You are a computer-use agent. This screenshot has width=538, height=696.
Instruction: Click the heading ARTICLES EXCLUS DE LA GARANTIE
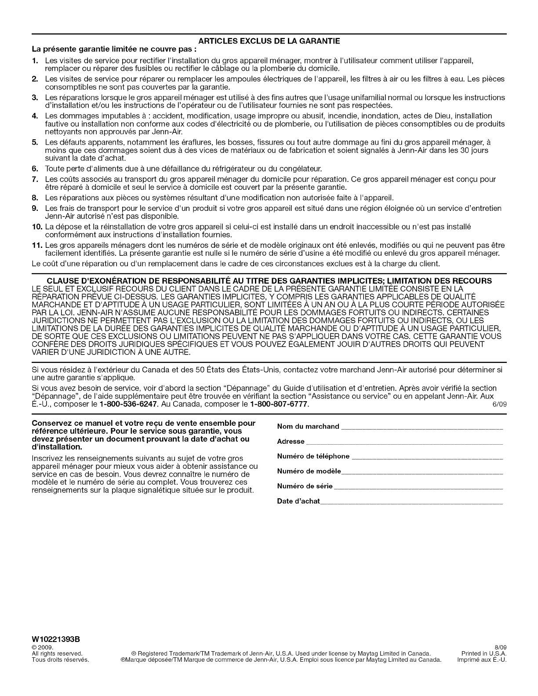pos(269,41)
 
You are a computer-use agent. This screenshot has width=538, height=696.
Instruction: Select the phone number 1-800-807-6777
pos(278,404)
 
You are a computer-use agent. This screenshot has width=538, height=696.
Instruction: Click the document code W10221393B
pos(57,638)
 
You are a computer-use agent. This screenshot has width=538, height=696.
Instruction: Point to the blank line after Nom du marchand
pos(422,427)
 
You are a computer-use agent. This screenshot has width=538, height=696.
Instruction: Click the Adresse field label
pos(291,441)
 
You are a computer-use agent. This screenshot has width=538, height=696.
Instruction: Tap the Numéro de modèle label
pos(309,471)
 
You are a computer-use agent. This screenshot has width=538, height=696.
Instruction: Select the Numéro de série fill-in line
pos(418,487)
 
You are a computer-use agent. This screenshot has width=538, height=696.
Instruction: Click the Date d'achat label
pos(298,501)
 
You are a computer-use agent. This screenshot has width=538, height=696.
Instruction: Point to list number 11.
pos(37,245)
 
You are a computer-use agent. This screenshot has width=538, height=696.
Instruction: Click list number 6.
pos(35,169)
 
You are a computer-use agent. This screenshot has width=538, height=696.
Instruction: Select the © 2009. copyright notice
pos(43,648)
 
